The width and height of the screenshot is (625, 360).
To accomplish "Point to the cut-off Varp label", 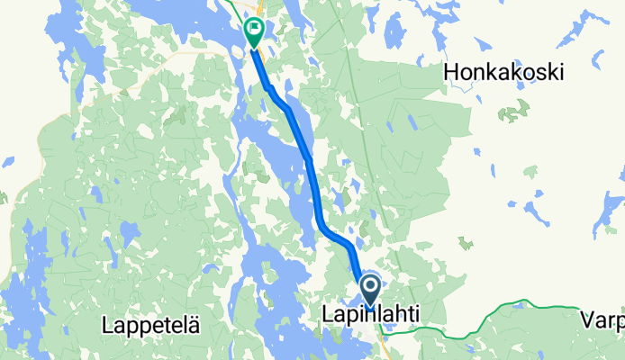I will click(602, 319).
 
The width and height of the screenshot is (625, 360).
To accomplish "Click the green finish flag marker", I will click(254, 34).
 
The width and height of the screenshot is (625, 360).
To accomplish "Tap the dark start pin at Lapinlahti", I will click(370, 291).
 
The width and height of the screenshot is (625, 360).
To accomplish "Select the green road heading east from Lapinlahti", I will click(504, 316).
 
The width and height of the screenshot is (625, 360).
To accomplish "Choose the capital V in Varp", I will click(586, 319).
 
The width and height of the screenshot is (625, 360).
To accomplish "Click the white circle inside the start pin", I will click(370, 287).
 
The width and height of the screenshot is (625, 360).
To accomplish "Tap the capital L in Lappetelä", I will click(108, 323).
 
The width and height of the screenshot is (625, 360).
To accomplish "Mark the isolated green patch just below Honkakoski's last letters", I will click(514, 112).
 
